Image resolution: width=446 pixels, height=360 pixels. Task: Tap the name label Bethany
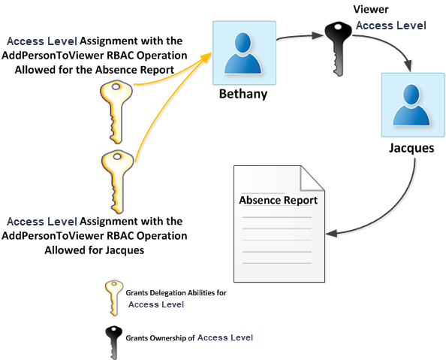click(243, 95)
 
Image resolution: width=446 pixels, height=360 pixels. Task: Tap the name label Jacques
click(411, 147)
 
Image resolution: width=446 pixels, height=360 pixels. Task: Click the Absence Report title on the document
click(278, 201)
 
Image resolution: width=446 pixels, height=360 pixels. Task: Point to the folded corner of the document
click(311, 177)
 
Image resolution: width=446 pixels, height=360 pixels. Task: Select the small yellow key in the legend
click(113, 296)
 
